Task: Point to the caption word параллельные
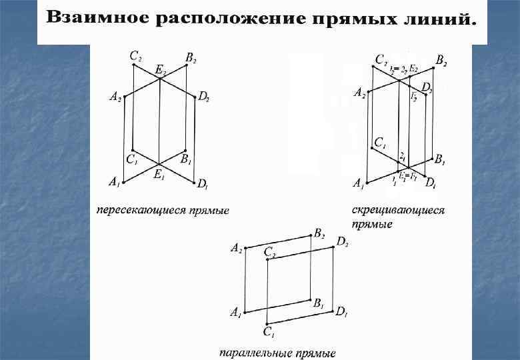253,352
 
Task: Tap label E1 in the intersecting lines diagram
159,176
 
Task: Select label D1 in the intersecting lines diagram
203,183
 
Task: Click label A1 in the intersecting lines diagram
114,181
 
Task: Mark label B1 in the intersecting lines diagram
187,159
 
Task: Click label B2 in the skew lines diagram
441,61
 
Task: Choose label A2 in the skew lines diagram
359,93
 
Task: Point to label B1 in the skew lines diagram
439,160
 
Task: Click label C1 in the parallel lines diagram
268,332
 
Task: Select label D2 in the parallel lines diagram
343,243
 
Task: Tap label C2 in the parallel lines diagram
270,252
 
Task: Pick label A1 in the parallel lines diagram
236,312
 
